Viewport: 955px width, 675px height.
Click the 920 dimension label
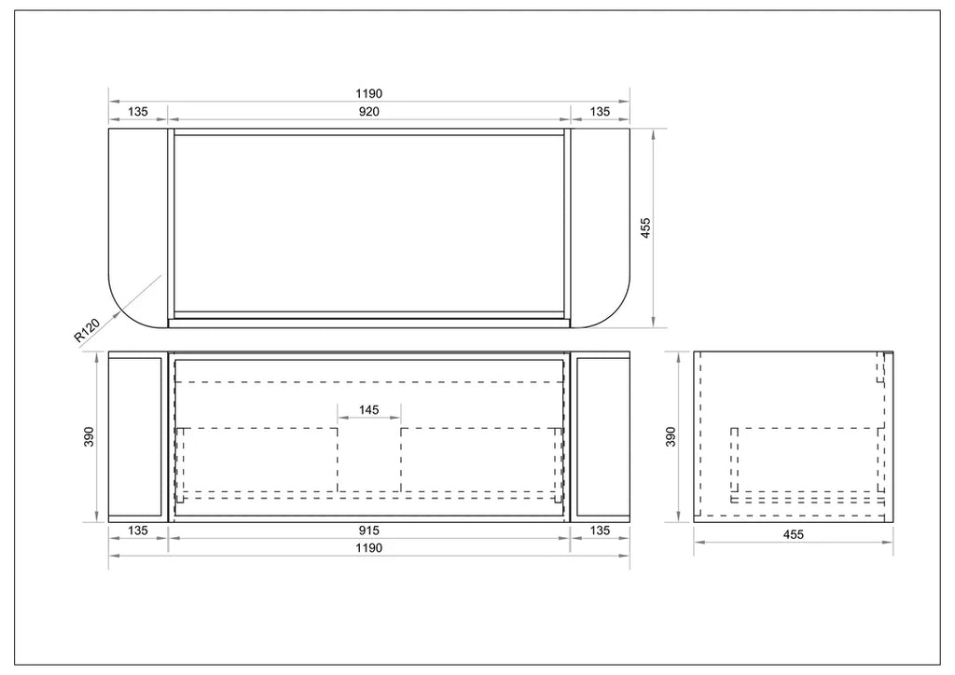coord(369,111)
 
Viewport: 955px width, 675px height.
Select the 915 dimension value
coord(369,530)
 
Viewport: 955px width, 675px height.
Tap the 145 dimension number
coord(369,409)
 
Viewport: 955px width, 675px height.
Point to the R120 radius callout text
coord(87,330)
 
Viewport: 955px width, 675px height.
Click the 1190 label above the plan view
coord(369,94)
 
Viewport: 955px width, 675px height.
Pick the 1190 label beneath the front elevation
coord(369,548)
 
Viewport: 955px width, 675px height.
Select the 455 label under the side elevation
coord(793,534)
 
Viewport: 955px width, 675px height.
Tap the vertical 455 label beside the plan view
coord(646,227)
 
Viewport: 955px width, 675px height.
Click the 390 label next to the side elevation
coord(671,436)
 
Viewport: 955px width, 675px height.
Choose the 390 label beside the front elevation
coord(89,436)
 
